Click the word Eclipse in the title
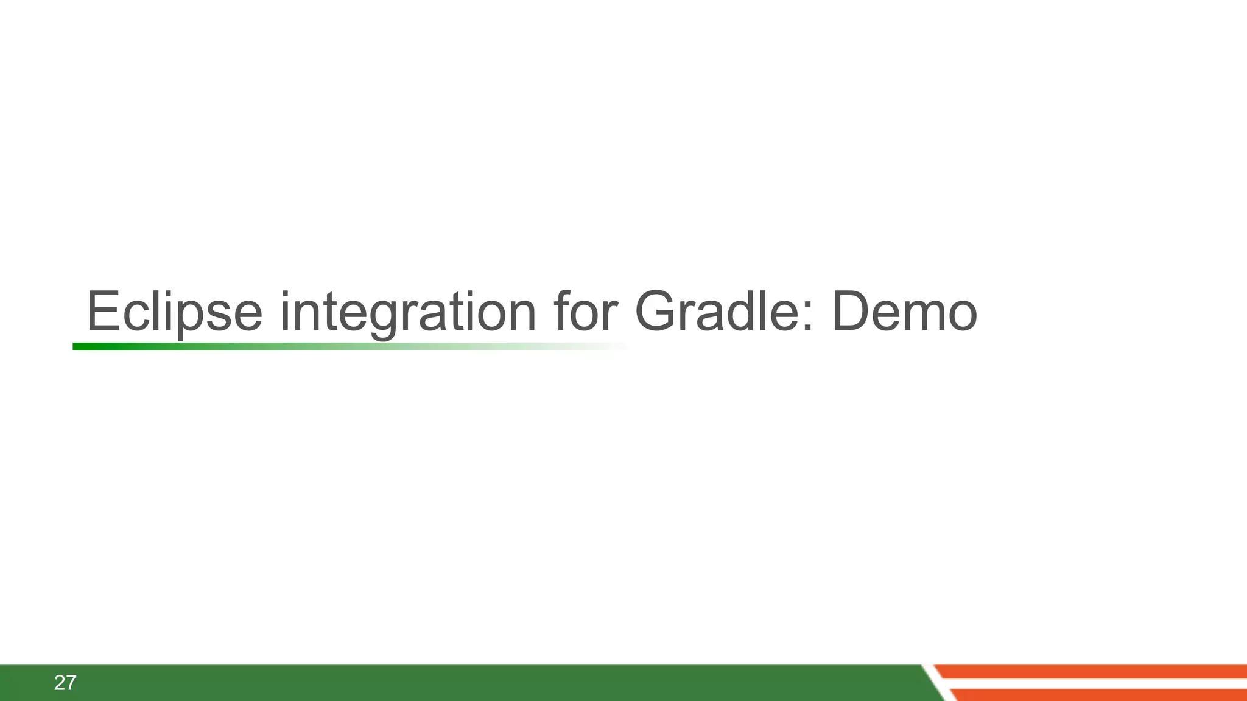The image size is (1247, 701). pos(174,312)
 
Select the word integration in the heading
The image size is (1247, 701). pos(407,312)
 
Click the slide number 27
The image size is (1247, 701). pos(65,683)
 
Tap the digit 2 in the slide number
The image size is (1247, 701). pos(60,683)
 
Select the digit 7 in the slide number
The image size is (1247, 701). pos(71,683)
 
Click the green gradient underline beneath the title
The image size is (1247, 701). pos(244,347)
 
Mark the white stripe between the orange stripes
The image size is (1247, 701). pos(1096,683)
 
